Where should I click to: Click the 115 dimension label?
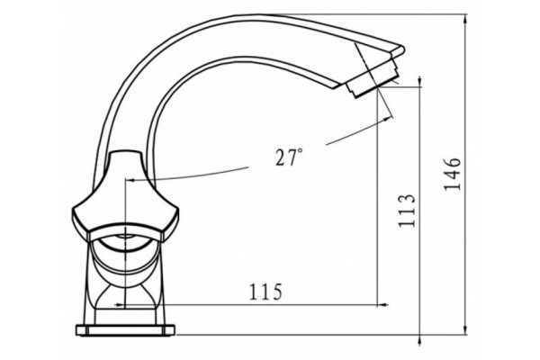pyautogui.click(x=265, y=292)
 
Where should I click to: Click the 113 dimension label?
pyautogui.click(x=407, y=210)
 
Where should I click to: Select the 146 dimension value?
pyautogui.click(x=452, y=175)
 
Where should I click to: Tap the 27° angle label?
pyautogui.click(x=289, y=157)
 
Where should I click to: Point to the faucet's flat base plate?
pyautogui.click(x=125, y=329)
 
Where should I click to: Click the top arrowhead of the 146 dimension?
pyautogui.click(x=465, y=19)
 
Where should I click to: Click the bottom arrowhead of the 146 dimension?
pyautogui.click(x=465, y=329)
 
